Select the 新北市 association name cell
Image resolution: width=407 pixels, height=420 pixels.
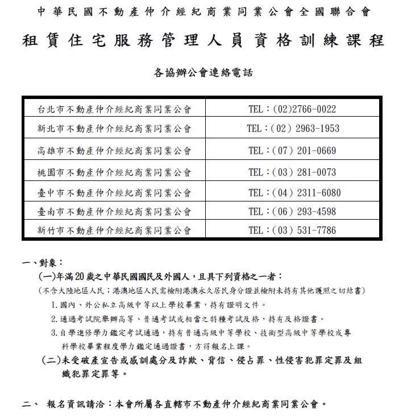point(114,129)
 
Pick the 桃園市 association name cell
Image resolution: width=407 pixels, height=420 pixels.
point(114,172)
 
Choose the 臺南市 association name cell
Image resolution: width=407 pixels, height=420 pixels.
point(114,212)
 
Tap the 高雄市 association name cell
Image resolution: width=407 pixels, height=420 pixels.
point(114,151)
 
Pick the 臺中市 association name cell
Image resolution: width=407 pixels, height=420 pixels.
point(114,193)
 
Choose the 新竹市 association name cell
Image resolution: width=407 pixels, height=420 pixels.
point(114,230)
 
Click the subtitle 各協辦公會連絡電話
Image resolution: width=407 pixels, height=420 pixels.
point(202,72)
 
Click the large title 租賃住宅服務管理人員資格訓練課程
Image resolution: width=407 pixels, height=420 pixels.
point(203,41)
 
